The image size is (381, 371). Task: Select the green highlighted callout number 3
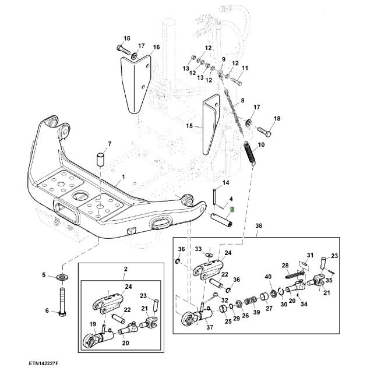coord(231,210)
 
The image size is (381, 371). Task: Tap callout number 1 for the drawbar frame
coord(123,176)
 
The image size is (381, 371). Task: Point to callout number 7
coord(109,143)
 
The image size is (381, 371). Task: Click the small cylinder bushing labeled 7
coord(101,159)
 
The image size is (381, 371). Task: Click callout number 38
coord(259,225)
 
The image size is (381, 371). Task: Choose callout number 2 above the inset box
coord(125,268)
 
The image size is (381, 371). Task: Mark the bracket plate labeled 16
coord(133,82)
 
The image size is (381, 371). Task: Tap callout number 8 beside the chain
coord(242,101)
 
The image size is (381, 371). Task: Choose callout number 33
coord(198,249)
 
